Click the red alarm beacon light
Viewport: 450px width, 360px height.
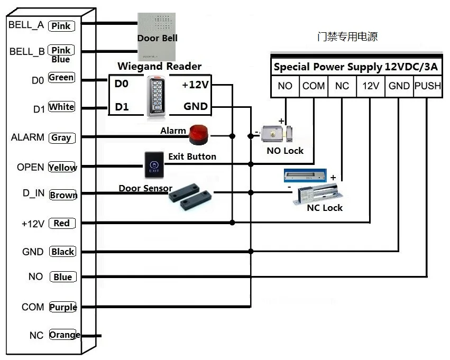click(199, 134)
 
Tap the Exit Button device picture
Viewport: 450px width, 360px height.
click(154, 165)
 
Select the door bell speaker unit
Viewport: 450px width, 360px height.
click(157, 36)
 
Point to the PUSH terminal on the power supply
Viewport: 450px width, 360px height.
click(428, 86)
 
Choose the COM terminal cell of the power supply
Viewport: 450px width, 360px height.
click(314, 86)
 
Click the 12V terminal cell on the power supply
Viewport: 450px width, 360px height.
click(371, 86)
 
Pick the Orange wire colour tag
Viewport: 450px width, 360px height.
click(65, 335)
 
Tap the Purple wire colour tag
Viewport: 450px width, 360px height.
click(63, 307)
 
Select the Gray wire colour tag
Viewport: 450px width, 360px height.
click(62, 137)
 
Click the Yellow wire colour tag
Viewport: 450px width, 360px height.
click(62, 167)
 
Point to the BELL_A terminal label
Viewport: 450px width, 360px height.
click(26, 25)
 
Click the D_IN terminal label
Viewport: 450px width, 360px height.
click(33, 193)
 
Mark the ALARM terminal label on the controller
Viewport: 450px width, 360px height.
click(27, 137)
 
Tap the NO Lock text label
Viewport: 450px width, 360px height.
click(285, 151)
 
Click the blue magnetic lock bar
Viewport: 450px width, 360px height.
click(305, 176)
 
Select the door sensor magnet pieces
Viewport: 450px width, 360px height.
click(190, 197)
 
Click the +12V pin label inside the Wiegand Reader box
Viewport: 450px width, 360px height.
click(196, 85)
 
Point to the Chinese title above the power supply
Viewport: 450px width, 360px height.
click(347, 36)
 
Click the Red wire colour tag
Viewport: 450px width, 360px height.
click(62, 223)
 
